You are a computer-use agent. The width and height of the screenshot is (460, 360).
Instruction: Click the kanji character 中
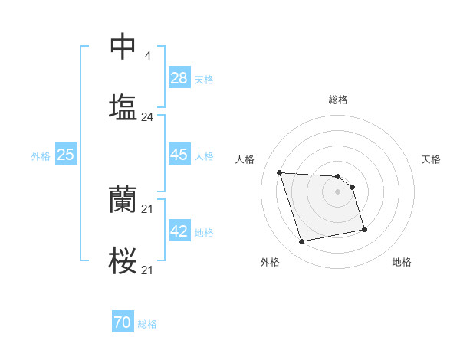click(123, 46)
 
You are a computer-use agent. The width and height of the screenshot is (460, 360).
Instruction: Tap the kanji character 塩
click(123, 107)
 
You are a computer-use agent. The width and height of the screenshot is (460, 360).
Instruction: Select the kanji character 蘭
click(123, 201)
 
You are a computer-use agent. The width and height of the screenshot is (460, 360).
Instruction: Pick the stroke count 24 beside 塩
click(147, 117)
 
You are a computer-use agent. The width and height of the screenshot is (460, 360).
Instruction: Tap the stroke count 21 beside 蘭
click(147, 209)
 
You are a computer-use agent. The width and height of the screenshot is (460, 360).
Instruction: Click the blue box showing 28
click(179, 77)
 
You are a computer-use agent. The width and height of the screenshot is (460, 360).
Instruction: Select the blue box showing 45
click(179, 155)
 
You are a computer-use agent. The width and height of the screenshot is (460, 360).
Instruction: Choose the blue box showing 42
click(179, 231)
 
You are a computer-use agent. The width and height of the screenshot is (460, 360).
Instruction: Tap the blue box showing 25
click(66, 155)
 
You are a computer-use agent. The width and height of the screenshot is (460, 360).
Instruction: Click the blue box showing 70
click(123, 323)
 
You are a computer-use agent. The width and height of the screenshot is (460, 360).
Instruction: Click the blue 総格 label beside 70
click(147, 324)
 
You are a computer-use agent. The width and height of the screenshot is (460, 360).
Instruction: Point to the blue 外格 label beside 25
click(41, 156)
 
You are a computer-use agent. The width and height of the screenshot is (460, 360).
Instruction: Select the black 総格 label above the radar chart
click(338, 100)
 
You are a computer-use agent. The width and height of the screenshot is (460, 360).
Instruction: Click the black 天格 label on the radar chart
click(432, 159)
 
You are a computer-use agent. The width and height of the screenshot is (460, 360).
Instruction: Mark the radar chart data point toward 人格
click(280, 172)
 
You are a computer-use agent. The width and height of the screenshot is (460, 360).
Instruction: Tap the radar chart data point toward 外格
click(302, 242)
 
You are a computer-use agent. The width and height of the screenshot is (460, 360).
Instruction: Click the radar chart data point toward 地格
click(364, 229)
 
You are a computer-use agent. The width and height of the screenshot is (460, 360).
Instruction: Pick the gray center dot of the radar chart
click(338, 191)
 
